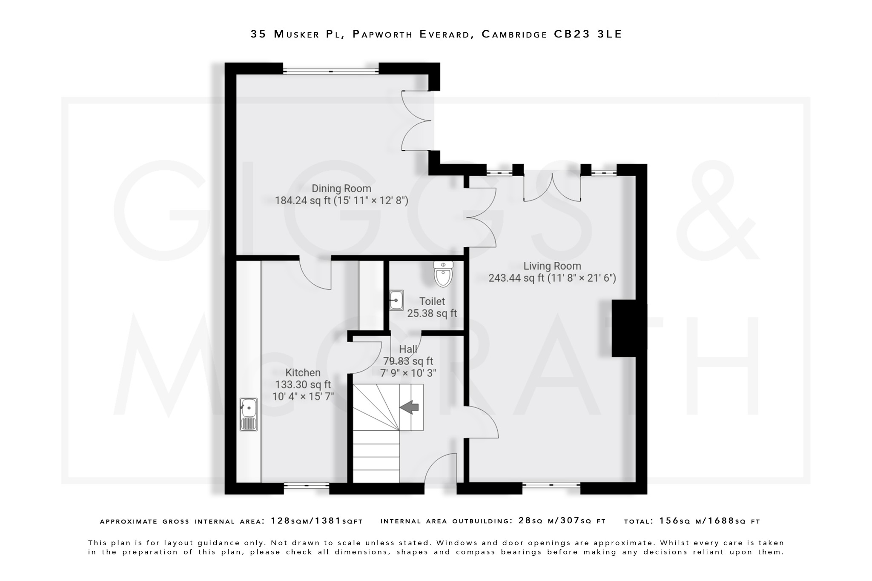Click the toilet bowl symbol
pos(443,274)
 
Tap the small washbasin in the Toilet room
pos(396,301)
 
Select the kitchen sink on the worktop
pos(249,414)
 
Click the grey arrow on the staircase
pos(409,407)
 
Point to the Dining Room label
pos(341,189)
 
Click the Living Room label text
pos(552,266)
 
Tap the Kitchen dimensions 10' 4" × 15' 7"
pos(303,396)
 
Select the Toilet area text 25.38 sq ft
pos(432,313)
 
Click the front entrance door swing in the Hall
pos(441,468)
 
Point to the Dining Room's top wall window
pos(330,71)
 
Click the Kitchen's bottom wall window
pos(306,485)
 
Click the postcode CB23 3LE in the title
pos(588,34)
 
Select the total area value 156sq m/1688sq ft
pos(709,521)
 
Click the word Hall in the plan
pos(408,349)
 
